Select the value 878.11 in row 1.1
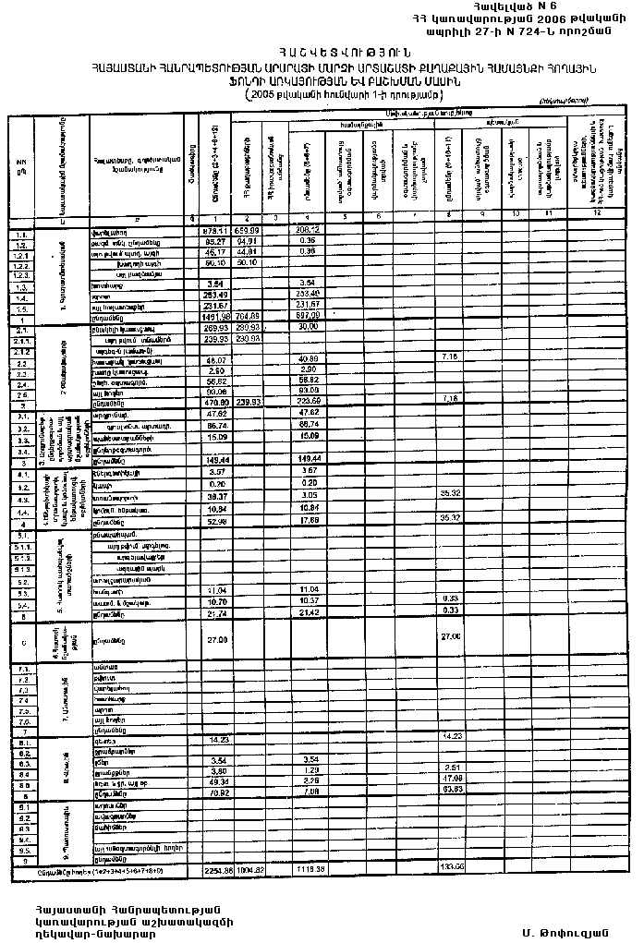214,230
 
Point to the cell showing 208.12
307,230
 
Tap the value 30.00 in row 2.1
307,329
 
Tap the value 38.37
214,496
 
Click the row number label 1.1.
21,230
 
